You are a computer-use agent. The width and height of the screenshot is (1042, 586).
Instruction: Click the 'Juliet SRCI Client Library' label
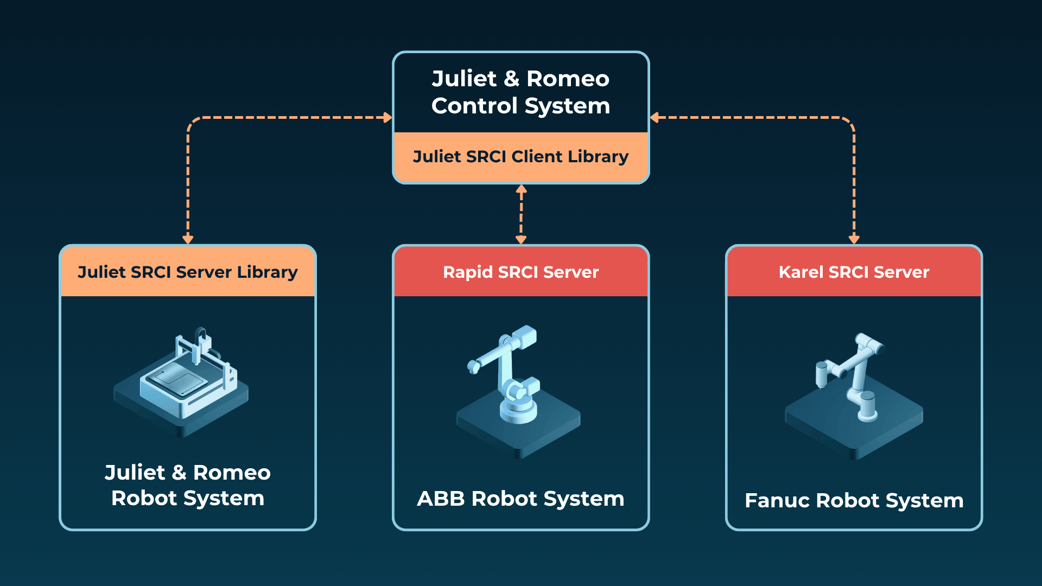[x=520, y=157]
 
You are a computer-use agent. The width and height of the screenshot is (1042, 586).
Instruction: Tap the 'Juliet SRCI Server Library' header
[x=187, y=272]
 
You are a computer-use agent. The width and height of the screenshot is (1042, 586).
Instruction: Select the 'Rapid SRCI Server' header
[x=520, y=272]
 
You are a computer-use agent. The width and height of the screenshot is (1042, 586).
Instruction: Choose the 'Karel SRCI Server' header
[x=854, y=272]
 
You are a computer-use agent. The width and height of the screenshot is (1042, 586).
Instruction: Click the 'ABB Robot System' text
[x=520, y=499]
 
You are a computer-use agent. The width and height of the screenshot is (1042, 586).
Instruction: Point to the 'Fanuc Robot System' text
[x=854, y=500]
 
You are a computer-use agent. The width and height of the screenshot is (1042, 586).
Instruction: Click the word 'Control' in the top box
[x=474, y=106]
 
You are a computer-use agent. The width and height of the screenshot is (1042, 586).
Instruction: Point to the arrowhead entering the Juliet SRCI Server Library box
[x=188, y=239]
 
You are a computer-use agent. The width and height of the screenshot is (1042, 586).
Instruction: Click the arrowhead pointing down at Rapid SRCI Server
[x=521, y=239]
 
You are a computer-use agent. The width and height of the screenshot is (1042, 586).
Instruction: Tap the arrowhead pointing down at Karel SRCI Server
[x=854, y=239]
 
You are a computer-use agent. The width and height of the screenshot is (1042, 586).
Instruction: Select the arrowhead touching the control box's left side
[x=387, y=117]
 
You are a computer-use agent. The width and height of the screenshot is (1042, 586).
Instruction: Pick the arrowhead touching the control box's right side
[x=655, y=117]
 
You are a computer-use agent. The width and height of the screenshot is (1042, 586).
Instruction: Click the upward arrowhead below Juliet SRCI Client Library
[x=521, y=189]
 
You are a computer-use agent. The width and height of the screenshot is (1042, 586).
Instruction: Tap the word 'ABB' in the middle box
[x=441, y=499]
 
